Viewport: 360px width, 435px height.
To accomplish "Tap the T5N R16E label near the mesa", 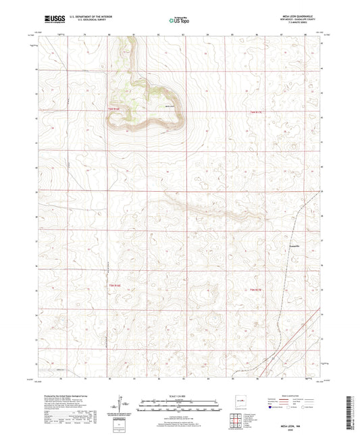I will [115, 108].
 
